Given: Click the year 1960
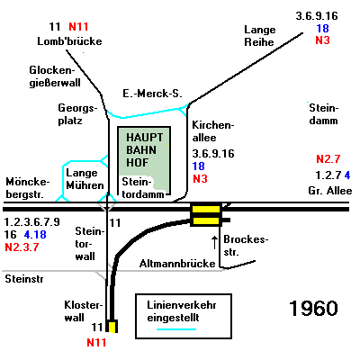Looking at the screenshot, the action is pos(313,308).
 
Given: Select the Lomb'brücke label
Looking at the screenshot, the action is pos(69,41).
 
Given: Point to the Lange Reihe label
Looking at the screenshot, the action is pos(260,36).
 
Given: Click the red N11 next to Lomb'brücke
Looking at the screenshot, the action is pos(78,27).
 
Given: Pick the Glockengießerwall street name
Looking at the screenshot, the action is pos(55,76).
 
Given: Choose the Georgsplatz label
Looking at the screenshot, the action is pos(77,114).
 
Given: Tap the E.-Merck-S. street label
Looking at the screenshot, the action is pos(152,94).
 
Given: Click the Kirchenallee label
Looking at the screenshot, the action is pos(213,131).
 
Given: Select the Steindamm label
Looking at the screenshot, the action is pos(324,114).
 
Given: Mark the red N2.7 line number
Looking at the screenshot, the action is pos(328,159).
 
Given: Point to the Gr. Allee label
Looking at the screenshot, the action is pos(330,191).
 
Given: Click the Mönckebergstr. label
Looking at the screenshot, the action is pos(27,188).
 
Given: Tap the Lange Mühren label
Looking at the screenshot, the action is pos(85,179).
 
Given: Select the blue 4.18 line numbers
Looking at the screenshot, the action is pos(35,234).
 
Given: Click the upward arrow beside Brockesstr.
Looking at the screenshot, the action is pos(214,242).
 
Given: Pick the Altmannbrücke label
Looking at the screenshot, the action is pos(177,264).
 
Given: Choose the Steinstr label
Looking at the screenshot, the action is pos(24,279).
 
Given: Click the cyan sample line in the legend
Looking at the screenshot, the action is pos(176,329).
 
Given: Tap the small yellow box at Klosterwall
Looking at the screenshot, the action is pos(112,327).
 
